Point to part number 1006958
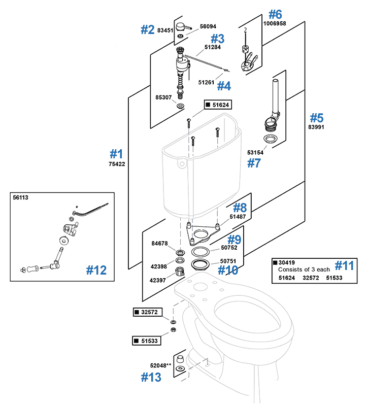[x=275, y=23]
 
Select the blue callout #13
[x=151, y=377]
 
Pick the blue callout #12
[x=97, y=270]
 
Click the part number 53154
[x=256, y=152]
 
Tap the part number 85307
[x=164, y=96]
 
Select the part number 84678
[x=160, y=244]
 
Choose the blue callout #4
[x=224, y=86]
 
